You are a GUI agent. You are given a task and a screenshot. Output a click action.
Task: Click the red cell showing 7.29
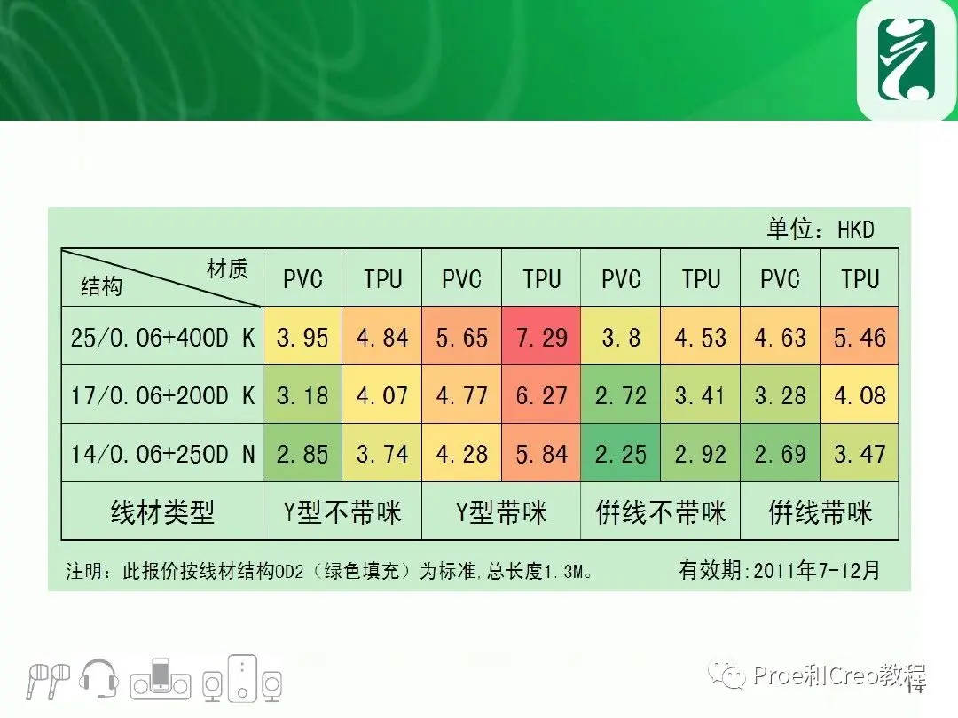point(541,337)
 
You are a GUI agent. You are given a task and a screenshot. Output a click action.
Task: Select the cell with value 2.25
point(621,453)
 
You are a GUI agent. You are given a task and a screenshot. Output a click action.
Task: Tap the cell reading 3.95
point(302,337)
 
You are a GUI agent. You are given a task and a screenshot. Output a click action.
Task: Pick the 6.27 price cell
point(541,395)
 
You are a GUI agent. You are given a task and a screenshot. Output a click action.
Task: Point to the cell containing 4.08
point(860,395)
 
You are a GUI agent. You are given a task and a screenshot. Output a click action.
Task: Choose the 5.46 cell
point(860,337)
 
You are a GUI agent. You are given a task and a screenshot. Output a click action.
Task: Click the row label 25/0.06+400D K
point(162,337)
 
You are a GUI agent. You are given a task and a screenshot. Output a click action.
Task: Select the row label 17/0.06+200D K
point(162,395)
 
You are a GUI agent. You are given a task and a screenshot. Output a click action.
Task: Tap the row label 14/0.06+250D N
point(162,454)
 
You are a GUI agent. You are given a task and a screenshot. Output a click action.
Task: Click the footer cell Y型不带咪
point(342,511)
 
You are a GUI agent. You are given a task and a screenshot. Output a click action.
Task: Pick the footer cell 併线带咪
point(820,511)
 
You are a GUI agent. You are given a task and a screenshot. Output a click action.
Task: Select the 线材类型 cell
point(162,511)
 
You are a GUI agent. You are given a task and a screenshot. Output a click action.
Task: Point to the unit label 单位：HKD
point(821,229)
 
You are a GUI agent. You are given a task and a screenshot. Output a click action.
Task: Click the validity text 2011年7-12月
point(817,570)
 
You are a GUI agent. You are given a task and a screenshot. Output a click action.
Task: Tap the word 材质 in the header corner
point(227,268)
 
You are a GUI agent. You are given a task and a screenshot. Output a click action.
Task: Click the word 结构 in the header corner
point(102,285)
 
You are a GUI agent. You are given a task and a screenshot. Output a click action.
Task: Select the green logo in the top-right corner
point(907,59)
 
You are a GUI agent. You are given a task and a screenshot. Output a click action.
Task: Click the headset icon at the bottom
point(99,678)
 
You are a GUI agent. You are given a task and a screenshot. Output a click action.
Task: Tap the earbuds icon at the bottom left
point(48,680)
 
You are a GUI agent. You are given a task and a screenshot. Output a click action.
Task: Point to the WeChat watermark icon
point(726,675)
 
